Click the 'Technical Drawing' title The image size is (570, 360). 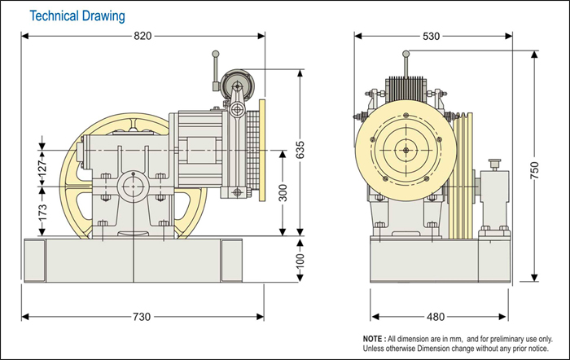tap(78, 15)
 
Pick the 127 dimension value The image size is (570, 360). tap(42, 167)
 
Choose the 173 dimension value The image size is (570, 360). tap(42, 213)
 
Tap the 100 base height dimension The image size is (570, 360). tap(300, 260)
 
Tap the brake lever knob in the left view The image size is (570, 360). tap(217, 55)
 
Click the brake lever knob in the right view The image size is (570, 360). tap(406, 55)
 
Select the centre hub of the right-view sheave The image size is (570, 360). tap(405, 149)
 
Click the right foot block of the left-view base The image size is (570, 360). tap(231, 260)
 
